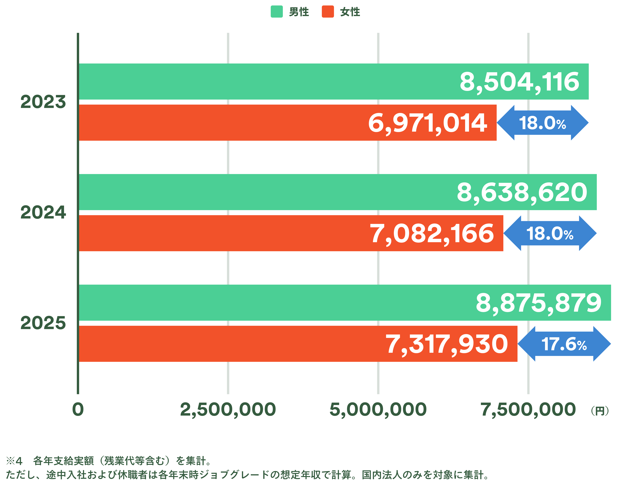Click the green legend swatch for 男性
point(277,12)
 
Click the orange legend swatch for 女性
point(328,12)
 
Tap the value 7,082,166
point(432,234)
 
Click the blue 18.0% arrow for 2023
point(543,123)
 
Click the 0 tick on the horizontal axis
point(78,409)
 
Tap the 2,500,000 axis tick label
point(228,409)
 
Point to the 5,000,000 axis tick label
point(378,409)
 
